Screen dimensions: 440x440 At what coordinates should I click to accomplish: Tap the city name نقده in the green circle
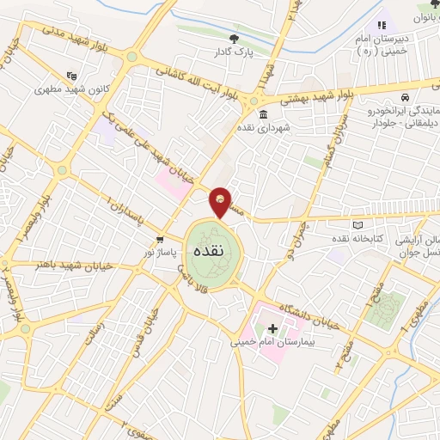pyautogui.click(x=211, y=253)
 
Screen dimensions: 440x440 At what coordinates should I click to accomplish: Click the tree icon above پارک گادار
pyautogui.click(x=235, y=38)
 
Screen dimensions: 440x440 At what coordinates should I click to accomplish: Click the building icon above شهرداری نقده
pyautogui.click(x=262, y=114)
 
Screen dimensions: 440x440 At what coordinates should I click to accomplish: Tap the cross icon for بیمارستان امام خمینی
pyautogui.click(x=273, y=328)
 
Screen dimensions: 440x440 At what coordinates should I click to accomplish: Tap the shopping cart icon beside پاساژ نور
pyautogui.click(x=160, y=240)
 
